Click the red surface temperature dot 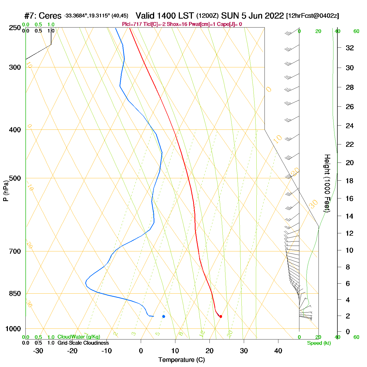221,316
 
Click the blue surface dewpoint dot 164,316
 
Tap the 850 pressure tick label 15,294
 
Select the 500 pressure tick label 15,178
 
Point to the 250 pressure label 15,28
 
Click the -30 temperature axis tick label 38,351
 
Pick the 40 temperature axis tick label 278,351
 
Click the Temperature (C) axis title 181,360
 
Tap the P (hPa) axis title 6,191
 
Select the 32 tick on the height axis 350,48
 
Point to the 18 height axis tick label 350,181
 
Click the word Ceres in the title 50,16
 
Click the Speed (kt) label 319,343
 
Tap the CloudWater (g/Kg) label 79,337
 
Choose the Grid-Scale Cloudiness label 83,343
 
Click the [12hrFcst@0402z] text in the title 312,16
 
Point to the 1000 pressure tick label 13,329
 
